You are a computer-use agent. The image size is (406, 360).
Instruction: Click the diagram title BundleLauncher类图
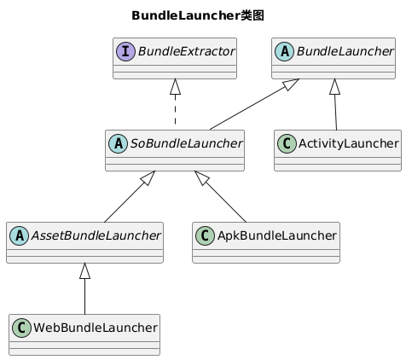[x=198, y=15]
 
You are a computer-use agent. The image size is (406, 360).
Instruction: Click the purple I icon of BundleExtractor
[x=125, y=51]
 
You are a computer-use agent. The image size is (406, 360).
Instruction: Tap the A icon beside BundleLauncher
[x=284, y=51]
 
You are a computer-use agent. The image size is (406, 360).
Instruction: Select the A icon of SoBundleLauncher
[x=118, y=143]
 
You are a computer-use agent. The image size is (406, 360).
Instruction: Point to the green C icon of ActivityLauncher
[x=287, y=143]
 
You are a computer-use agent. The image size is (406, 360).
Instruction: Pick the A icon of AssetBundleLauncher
[x=19, y=235]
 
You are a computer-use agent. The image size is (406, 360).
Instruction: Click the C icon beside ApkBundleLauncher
[x=205, y=235]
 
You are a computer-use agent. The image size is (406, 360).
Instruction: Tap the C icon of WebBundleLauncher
[x=21, y=328]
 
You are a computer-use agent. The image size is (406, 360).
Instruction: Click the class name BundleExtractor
[x=186, y=51]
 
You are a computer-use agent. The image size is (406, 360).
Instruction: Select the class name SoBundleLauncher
[x=186, y=143]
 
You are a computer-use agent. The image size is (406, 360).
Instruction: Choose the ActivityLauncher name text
[x=349, y=143]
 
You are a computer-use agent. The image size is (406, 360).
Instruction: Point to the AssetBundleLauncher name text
[x=96, y=235]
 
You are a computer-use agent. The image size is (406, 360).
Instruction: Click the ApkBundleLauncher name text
[x=277, y=235]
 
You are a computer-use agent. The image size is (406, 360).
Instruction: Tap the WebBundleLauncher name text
[x=96, y=328]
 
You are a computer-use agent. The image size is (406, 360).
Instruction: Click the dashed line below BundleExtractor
[x=175, y=109]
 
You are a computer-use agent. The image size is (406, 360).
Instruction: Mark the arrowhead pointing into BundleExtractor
[x=175, y=86]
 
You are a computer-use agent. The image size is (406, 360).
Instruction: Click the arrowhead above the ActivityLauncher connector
[x=334, y=86]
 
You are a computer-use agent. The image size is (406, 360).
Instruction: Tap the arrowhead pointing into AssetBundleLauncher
[x=84, y=270]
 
